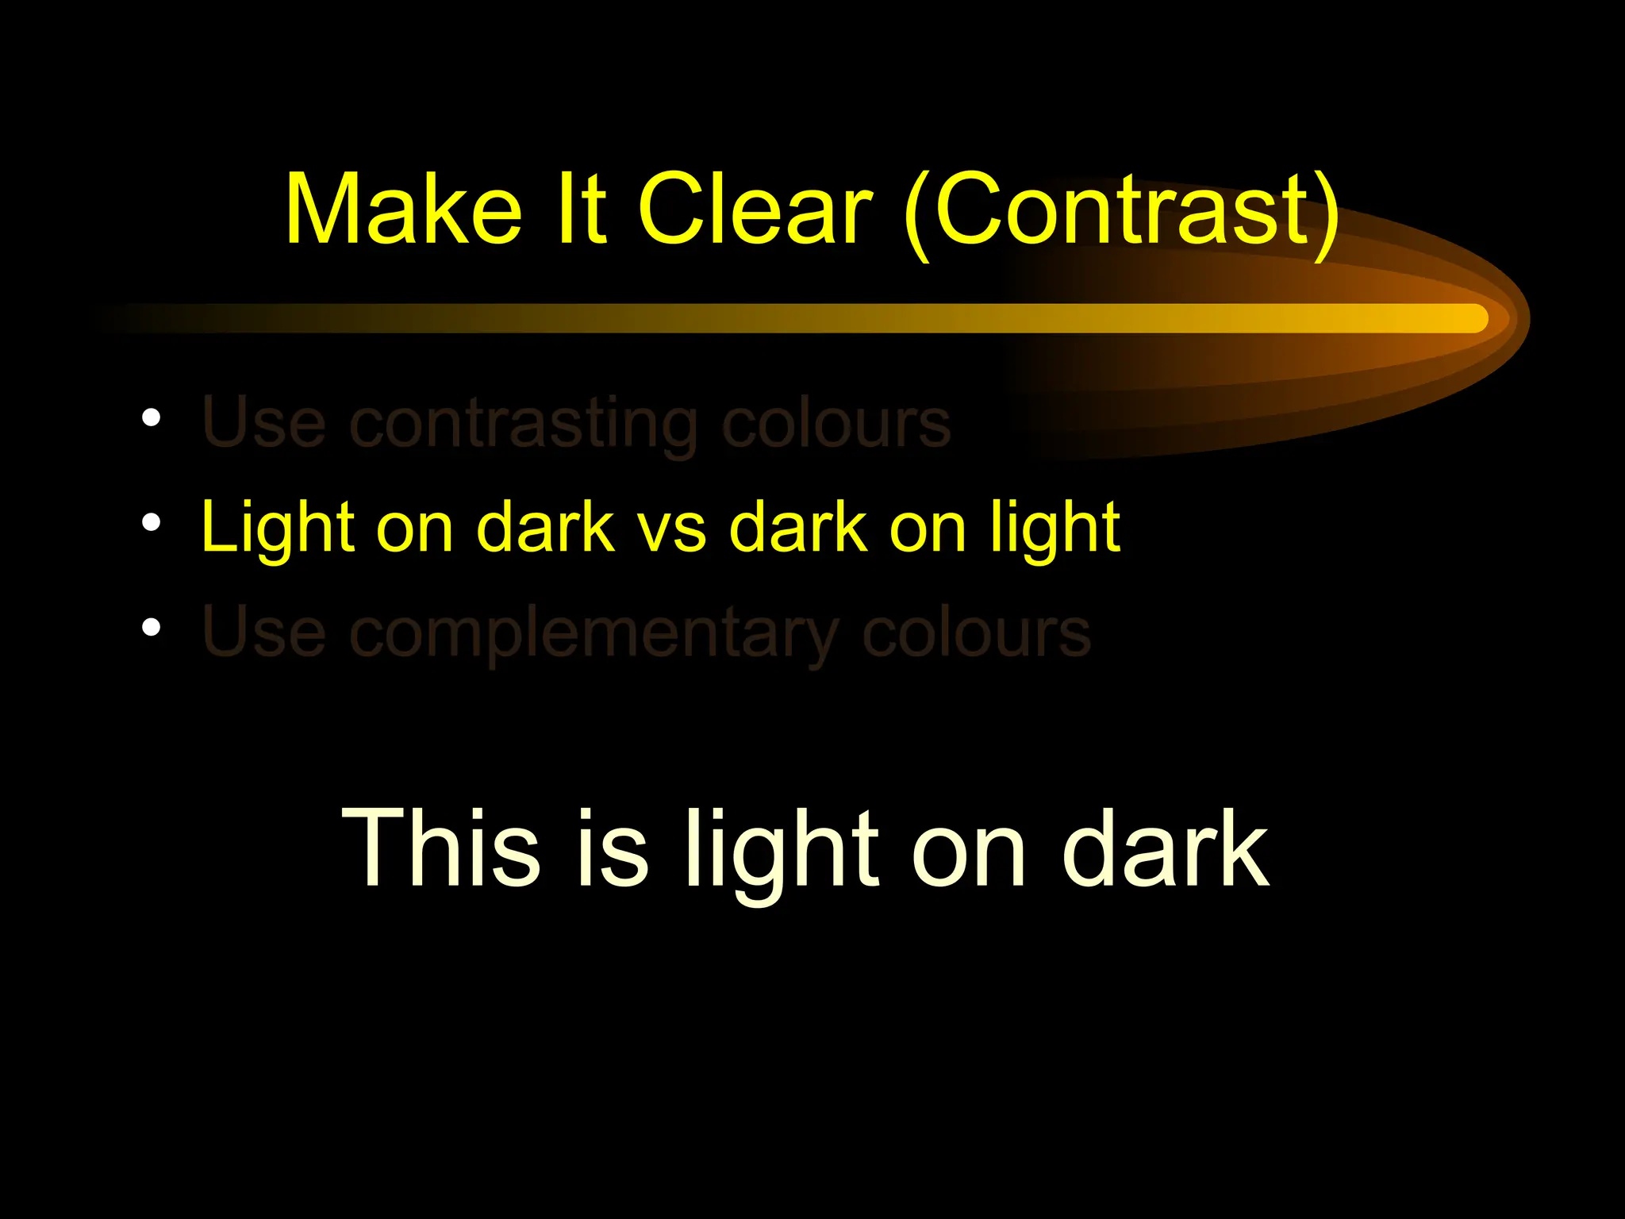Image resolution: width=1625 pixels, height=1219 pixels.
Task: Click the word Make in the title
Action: pos(404,210)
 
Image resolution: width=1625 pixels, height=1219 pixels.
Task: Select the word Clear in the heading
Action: pos(755,210)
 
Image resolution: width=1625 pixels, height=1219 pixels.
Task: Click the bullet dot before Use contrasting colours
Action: pos(151,417)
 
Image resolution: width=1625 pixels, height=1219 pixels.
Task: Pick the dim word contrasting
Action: pos(524,425)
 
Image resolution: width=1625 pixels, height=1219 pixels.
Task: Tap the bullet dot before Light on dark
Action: pos(151,522)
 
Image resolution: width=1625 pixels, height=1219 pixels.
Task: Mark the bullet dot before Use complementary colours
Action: pos(151,627)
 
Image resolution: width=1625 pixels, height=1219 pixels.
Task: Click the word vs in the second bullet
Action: pos(672,529)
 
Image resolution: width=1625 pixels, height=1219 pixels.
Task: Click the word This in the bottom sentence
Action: pos(441,849)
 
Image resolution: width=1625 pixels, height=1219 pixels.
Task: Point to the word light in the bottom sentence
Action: pos(782,852)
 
